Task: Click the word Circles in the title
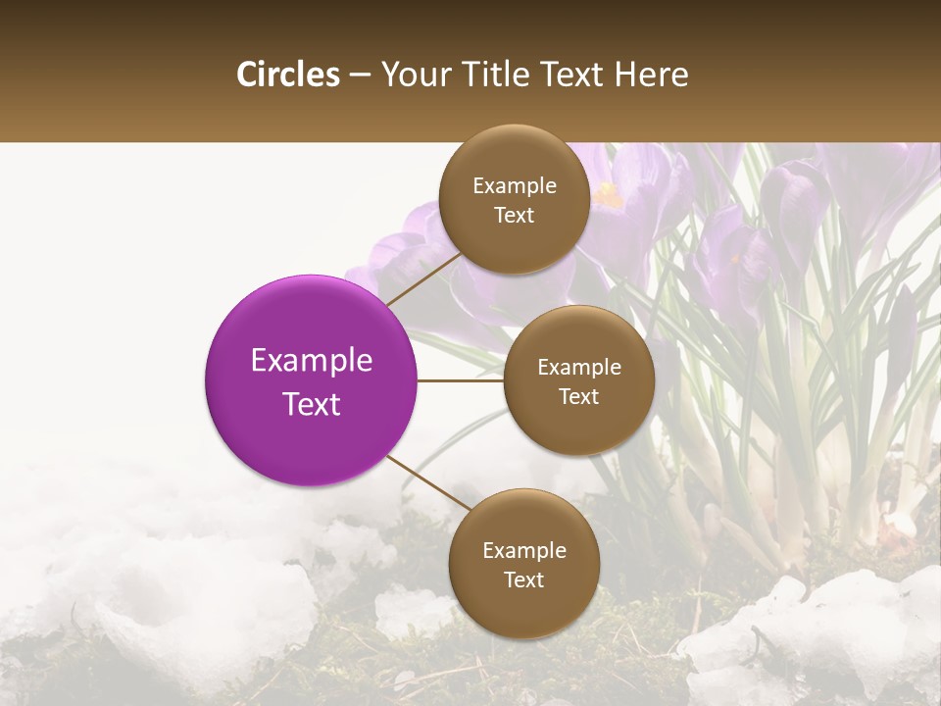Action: coord(288,75)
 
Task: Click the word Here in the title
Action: coord(651,75)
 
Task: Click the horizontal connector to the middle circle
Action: coord(460,380)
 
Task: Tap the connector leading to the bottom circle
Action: coord(427,483)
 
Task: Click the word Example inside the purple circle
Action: coord(311,361)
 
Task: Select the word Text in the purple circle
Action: coord(311,404)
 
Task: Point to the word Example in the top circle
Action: coord(514,186)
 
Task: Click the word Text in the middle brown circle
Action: coord(578,397)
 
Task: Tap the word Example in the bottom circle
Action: coord(523,551)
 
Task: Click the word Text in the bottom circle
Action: coord(523,580)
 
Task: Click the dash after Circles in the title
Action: coord(360,76)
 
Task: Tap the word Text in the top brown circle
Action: coord(514,216)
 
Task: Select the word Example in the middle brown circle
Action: coord(578,368)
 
